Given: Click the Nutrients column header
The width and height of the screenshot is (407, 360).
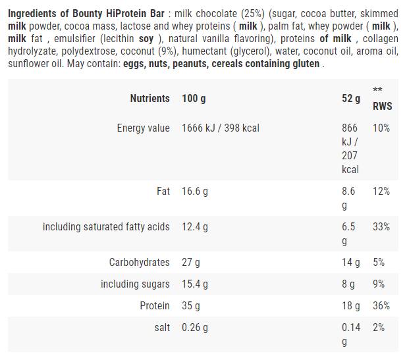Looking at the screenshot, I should pos(149,98).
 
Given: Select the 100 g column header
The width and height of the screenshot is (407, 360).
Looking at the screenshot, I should pos(194,98).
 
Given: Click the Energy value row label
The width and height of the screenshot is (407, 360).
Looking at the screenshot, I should pos(143,128).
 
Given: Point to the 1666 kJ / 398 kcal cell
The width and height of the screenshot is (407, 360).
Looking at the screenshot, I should pos(221,128).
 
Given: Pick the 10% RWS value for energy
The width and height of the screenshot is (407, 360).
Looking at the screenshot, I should pos(381,128).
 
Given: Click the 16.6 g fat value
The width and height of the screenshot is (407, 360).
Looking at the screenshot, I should pos(195,191).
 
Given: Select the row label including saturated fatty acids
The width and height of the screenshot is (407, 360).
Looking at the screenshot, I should pos(106,226).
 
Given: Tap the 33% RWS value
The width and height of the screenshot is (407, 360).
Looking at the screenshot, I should pos(381,226).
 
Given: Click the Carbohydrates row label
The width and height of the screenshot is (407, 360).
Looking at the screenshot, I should pos(139,262).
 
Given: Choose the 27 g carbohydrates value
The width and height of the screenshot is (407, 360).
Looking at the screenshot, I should pos(191,262).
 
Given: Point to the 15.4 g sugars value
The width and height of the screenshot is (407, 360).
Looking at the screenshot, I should pos(195,284).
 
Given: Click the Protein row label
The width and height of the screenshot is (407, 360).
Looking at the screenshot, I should pos(154,305).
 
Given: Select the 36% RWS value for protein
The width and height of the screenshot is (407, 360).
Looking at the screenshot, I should pos(381,305).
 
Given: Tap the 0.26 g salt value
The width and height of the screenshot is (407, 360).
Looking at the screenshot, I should pos(195,327).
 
